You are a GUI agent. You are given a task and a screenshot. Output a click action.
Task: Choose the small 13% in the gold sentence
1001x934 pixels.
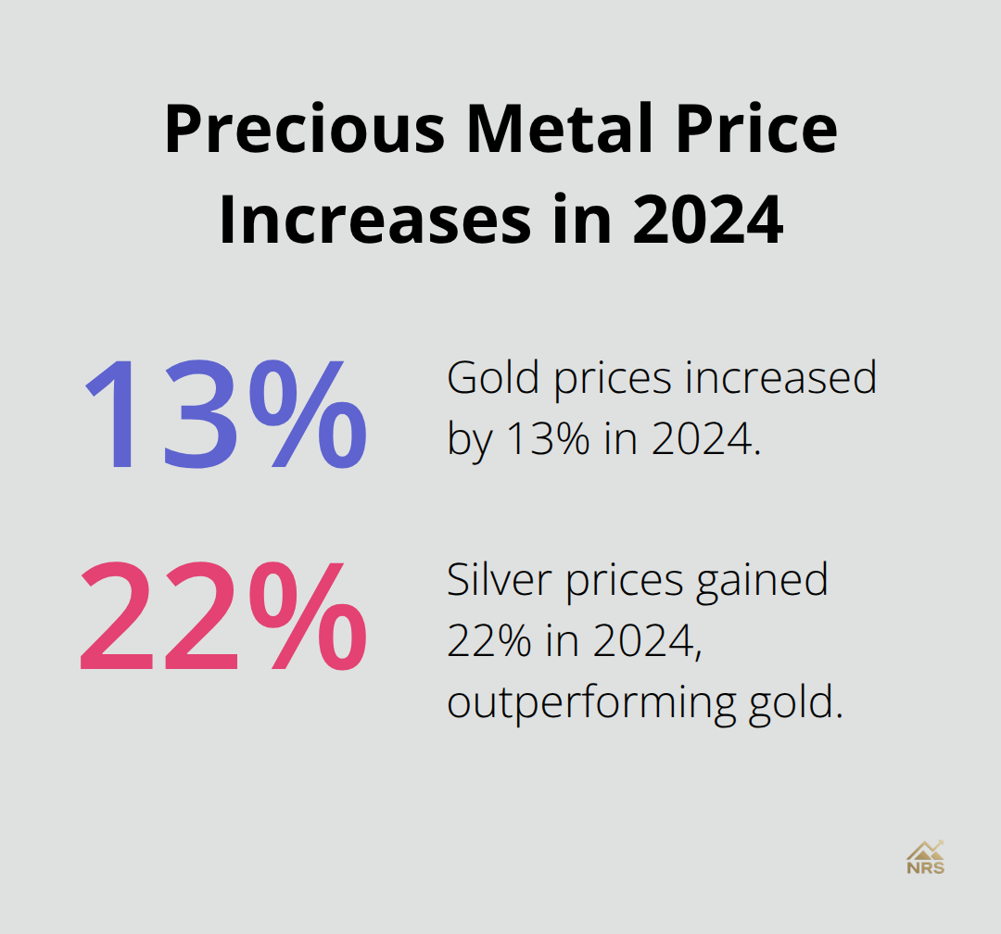[548, 439]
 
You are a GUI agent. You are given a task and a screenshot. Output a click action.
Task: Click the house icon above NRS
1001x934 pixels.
[922, 849]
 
